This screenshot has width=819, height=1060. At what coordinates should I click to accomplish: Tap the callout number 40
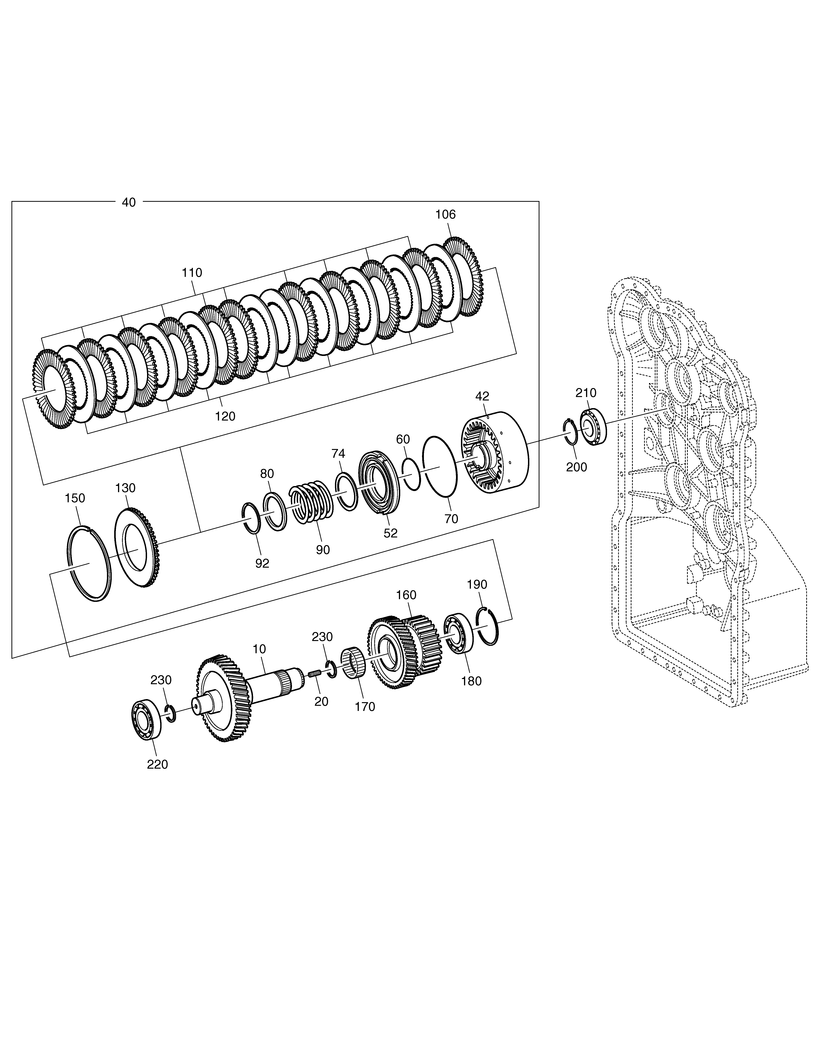[129, 202]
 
